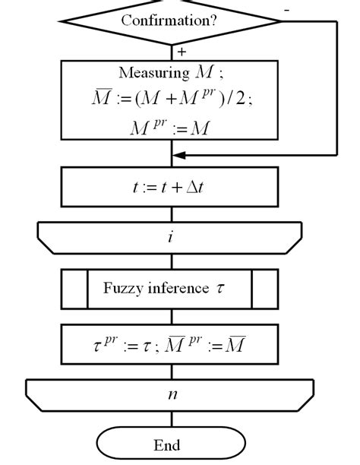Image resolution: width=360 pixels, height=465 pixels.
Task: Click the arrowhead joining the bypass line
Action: [x=178, y=155]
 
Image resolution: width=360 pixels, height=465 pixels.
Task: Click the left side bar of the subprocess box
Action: [x=74, y=288]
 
